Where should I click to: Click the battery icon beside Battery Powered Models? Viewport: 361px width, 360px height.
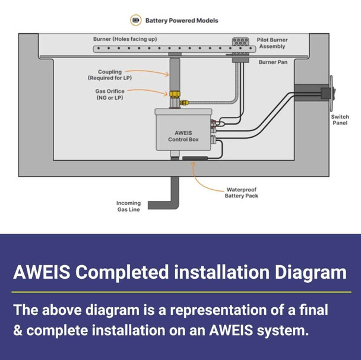(x=136, y=20)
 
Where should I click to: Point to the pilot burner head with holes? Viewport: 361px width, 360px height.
(x=240, y=43)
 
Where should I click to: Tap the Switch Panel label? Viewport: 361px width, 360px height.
(x=340, y=120)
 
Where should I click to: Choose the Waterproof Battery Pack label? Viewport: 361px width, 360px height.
(x=241, y=193)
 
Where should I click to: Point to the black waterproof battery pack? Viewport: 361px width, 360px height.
(x=194, y=159)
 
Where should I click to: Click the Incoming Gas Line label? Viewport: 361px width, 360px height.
(x=128, y=206)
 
